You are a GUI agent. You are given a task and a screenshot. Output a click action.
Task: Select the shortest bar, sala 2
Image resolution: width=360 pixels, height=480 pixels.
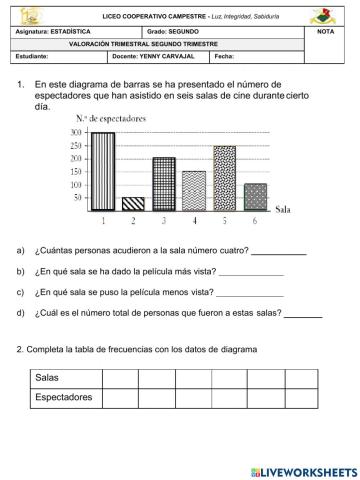133,203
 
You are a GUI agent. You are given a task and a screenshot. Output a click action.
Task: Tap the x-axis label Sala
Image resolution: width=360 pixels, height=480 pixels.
283,209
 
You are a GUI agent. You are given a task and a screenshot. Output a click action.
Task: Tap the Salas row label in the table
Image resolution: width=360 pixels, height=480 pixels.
47,377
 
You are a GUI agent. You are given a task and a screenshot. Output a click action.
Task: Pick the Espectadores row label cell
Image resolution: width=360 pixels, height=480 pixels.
63,397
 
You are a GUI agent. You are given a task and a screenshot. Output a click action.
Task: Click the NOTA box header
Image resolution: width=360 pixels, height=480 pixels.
325,32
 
